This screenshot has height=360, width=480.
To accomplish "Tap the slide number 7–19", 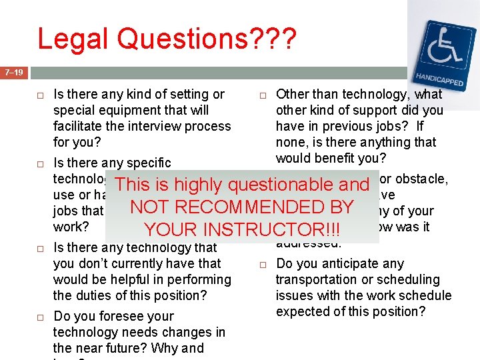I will click(13, 72).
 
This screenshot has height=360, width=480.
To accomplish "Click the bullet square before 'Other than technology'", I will click(263, 95).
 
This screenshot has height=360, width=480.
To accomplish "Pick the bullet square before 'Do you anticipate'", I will click(263, 264).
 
